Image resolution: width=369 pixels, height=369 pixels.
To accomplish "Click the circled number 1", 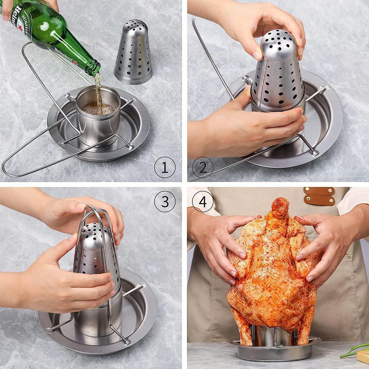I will [164, 167].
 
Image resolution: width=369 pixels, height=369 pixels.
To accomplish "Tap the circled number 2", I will [202, 167].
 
